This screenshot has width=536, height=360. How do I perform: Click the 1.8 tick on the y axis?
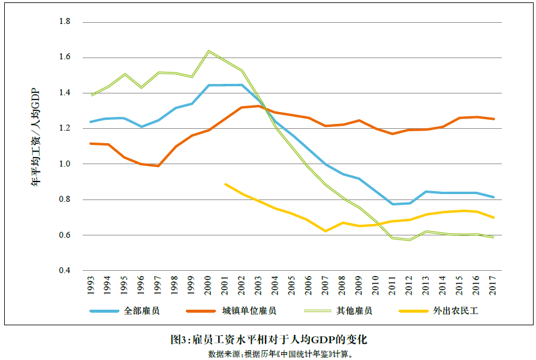65,22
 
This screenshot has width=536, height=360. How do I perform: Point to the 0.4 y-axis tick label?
65,271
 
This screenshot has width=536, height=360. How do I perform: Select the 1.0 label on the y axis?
65,164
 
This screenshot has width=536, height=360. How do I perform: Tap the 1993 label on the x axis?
91,286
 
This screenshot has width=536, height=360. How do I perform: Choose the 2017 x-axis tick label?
493,286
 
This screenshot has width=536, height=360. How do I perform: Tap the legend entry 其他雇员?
354,311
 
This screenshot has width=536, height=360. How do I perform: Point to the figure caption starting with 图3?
268,340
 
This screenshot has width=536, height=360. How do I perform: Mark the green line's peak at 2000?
209,51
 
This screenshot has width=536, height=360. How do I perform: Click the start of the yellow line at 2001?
225,184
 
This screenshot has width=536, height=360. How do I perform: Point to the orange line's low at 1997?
158,166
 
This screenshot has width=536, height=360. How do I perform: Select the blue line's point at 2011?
393,204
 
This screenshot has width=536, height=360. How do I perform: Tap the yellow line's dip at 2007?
326,231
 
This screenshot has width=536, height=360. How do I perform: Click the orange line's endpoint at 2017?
493,119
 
